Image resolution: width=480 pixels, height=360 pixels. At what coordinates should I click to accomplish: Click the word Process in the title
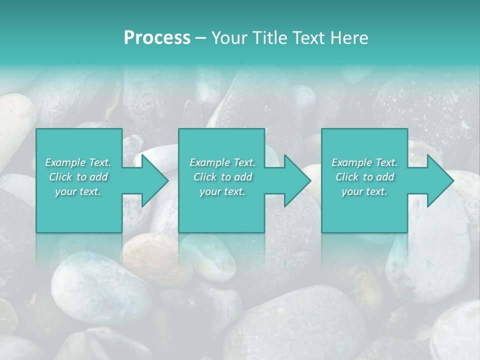pyautogui.click(x=157, y=38)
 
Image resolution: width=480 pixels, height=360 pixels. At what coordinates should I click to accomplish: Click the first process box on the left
pyautogui.click(x=79, y=215)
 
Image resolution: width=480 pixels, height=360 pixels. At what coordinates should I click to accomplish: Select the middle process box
pyautogui.click(x=221, y=215)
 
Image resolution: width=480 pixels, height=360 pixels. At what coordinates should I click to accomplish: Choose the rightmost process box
pyautogui.click(x=364, y=215)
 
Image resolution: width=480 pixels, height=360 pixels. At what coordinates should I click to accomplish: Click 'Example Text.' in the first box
pyautogui.click(x=78, y=162)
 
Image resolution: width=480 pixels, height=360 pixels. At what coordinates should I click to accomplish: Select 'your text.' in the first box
pyautogui.click(x=78, y=191)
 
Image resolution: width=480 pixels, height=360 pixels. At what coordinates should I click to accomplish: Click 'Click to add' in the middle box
pyautogui.click(x=222, y=177)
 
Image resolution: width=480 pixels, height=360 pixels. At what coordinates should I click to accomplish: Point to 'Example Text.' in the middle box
pyautogui.click(x=222, y=162)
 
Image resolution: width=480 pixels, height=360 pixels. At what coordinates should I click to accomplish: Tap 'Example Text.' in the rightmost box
pyautogui.click(x=364, y=162)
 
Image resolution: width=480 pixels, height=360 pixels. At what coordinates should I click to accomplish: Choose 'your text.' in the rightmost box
pyautogui.click(x=364, y=191)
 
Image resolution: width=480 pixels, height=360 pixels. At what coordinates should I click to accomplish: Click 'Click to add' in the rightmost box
pyautogui.click(x=364, y=177)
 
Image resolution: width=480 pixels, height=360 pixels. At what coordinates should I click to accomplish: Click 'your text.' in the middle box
pyautogui.click(x=222, y=191)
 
